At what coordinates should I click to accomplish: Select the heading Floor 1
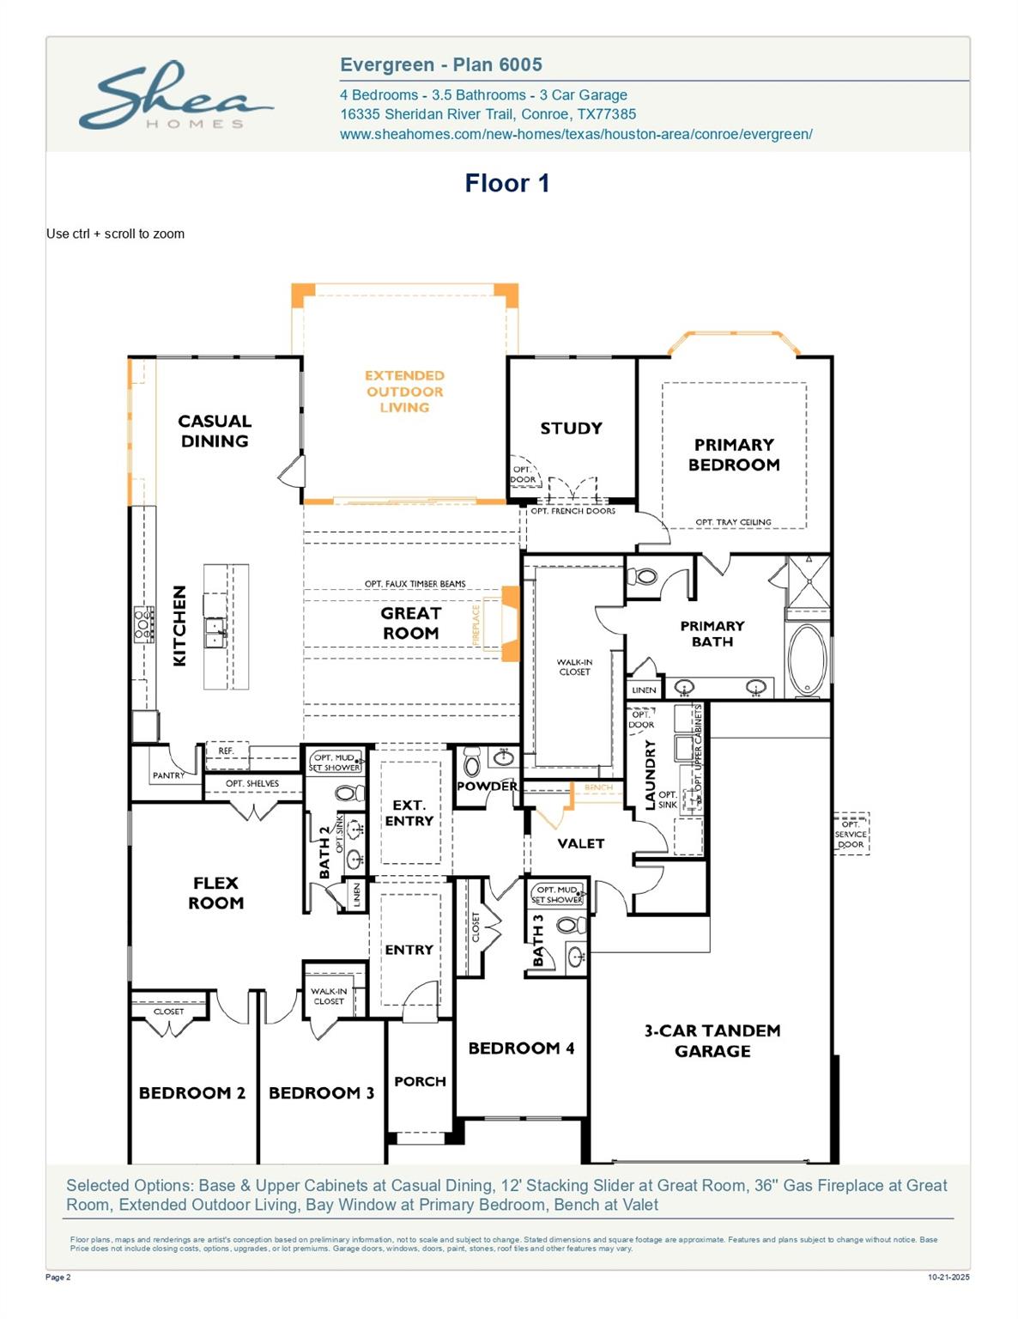point(506,183)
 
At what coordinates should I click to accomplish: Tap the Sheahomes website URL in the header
point(576,134)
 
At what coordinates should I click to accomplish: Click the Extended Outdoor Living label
point(404,392)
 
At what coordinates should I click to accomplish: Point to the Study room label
point(571,428)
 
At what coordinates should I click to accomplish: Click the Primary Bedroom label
point(734,454)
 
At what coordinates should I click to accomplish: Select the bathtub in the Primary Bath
point(807,659)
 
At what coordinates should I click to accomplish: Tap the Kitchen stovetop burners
point(143,623)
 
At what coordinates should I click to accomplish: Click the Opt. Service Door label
point(851,834)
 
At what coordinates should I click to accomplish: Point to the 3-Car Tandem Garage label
point(712,1040)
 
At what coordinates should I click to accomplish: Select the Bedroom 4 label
point(521,1048)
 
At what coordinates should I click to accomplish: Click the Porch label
point(420,1081)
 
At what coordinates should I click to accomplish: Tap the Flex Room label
point(216,892)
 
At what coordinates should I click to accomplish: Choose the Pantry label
point(168,775)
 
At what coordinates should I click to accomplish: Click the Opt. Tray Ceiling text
point(733,522)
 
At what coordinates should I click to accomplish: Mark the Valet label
point(581,843)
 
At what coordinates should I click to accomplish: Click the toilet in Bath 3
point(567,926)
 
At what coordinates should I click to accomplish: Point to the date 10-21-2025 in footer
point(948,1278)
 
